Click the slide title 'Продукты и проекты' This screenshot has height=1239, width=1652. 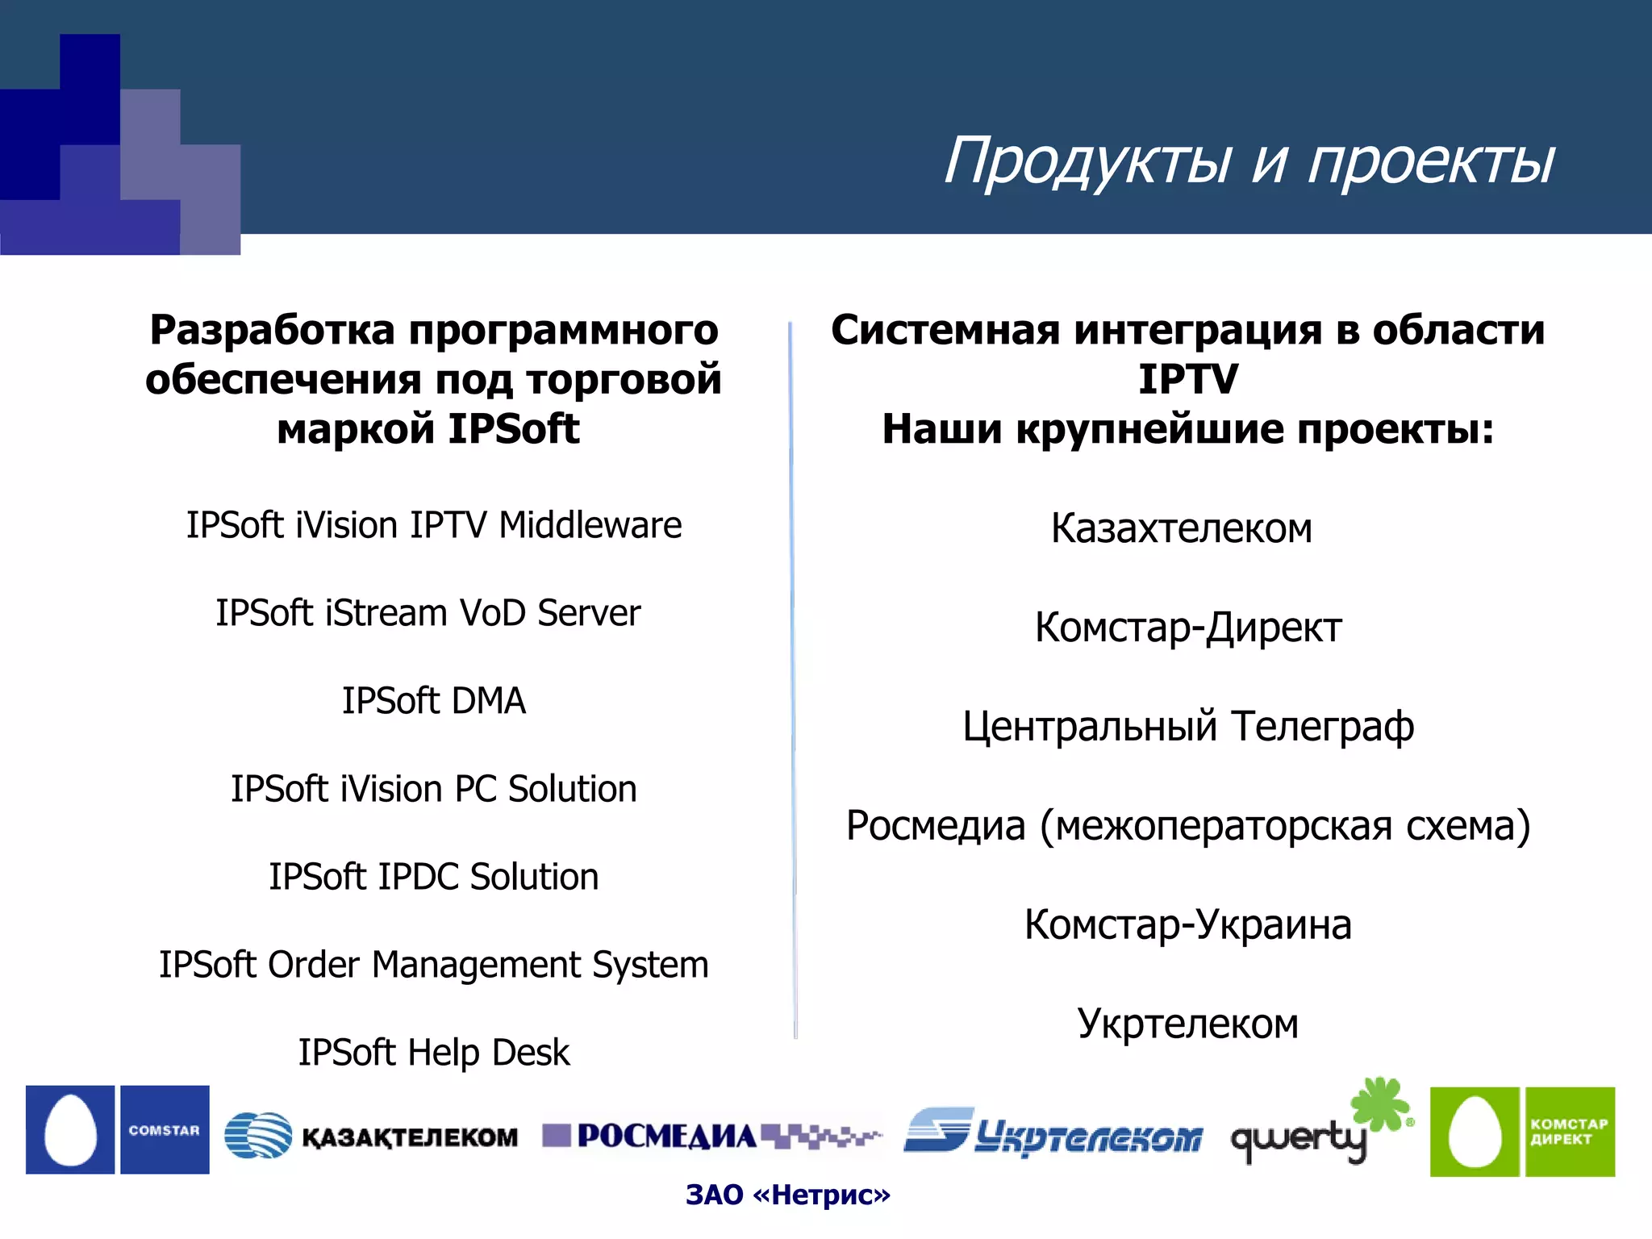1249,160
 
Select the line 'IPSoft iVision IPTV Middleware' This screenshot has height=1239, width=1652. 434,525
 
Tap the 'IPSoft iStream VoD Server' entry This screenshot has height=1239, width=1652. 428,613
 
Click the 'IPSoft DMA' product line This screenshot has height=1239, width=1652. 434,701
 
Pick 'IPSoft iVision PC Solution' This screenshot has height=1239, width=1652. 434,789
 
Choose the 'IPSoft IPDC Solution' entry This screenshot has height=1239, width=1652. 434,877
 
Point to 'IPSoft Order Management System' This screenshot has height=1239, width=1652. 434,965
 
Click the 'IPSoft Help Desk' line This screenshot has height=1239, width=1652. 434,1053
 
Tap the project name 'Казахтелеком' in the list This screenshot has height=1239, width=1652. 1182,529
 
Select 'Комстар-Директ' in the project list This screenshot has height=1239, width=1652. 1188,628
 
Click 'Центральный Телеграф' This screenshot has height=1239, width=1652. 1188,727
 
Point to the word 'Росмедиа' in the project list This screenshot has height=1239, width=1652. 936,826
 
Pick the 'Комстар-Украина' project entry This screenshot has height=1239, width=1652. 1188,925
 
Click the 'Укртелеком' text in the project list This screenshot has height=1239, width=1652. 1188,1024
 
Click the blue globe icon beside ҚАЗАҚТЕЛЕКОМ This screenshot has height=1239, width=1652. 257,1135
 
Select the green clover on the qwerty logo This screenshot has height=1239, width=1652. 1381,1103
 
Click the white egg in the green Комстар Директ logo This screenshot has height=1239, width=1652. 1475,1133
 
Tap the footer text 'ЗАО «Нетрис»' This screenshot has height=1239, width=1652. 788,1195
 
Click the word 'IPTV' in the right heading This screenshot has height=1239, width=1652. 1188,379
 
